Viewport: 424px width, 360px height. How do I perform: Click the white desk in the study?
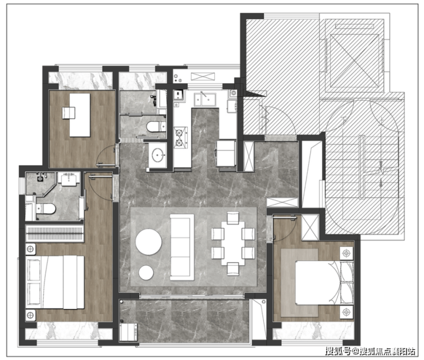[80, 115]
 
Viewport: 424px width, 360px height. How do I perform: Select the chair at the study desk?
[68, 113]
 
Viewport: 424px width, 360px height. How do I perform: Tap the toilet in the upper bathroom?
[156, 126]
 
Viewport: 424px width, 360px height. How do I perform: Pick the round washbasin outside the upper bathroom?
[158, 155]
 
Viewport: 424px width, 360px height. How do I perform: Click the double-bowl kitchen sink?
[205, 99]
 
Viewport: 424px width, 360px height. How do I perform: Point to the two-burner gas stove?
[180, 138]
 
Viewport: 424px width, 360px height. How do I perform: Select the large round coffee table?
[149, 242]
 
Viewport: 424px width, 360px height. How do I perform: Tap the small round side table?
[146, 272]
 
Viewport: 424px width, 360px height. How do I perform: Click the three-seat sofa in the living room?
[182, 247]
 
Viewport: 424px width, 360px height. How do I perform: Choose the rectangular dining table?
[233, 244]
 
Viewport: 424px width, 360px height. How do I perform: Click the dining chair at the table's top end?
[233, 218]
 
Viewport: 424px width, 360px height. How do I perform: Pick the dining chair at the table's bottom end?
[233, 269]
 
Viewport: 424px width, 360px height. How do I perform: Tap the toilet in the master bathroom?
[46, 209]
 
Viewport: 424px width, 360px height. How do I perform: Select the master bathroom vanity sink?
[69, 178]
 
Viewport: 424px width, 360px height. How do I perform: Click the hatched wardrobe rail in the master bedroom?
[54, 234]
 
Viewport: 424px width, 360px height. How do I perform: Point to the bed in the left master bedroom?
[55, 282]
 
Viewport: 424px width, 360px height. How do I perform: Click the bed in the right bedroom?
[324, 283]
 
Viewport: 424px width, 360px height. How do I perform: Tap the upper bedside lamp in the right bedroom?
[347, 253]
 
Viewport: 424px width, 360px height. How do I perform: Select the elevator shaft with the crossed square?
[354, 60]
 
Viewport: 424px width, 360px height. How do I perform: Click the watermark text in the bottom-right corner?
[371, 351]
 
